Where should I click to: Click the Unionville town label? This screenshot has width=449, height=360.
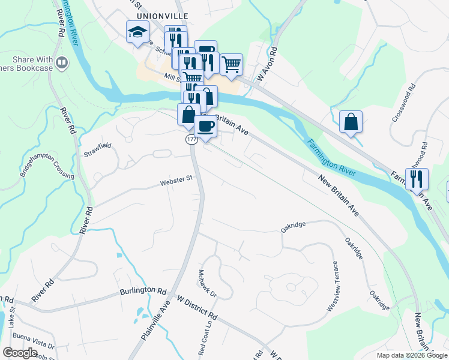click(x=162, y=15)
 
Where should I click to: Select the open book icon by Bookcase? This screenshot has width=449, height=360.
click(x=62, y=62)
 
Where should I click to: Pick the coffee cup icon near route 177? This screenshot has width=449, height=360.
click(x=206, y=126)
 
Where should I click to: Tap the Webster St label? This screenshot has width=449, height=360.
click(x=175, y=178)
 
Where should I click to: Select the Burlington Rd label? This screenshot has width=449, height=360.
click(x=142, y=290)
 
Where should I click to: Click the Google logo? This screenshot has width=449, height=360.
click(x=20, y=353)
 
